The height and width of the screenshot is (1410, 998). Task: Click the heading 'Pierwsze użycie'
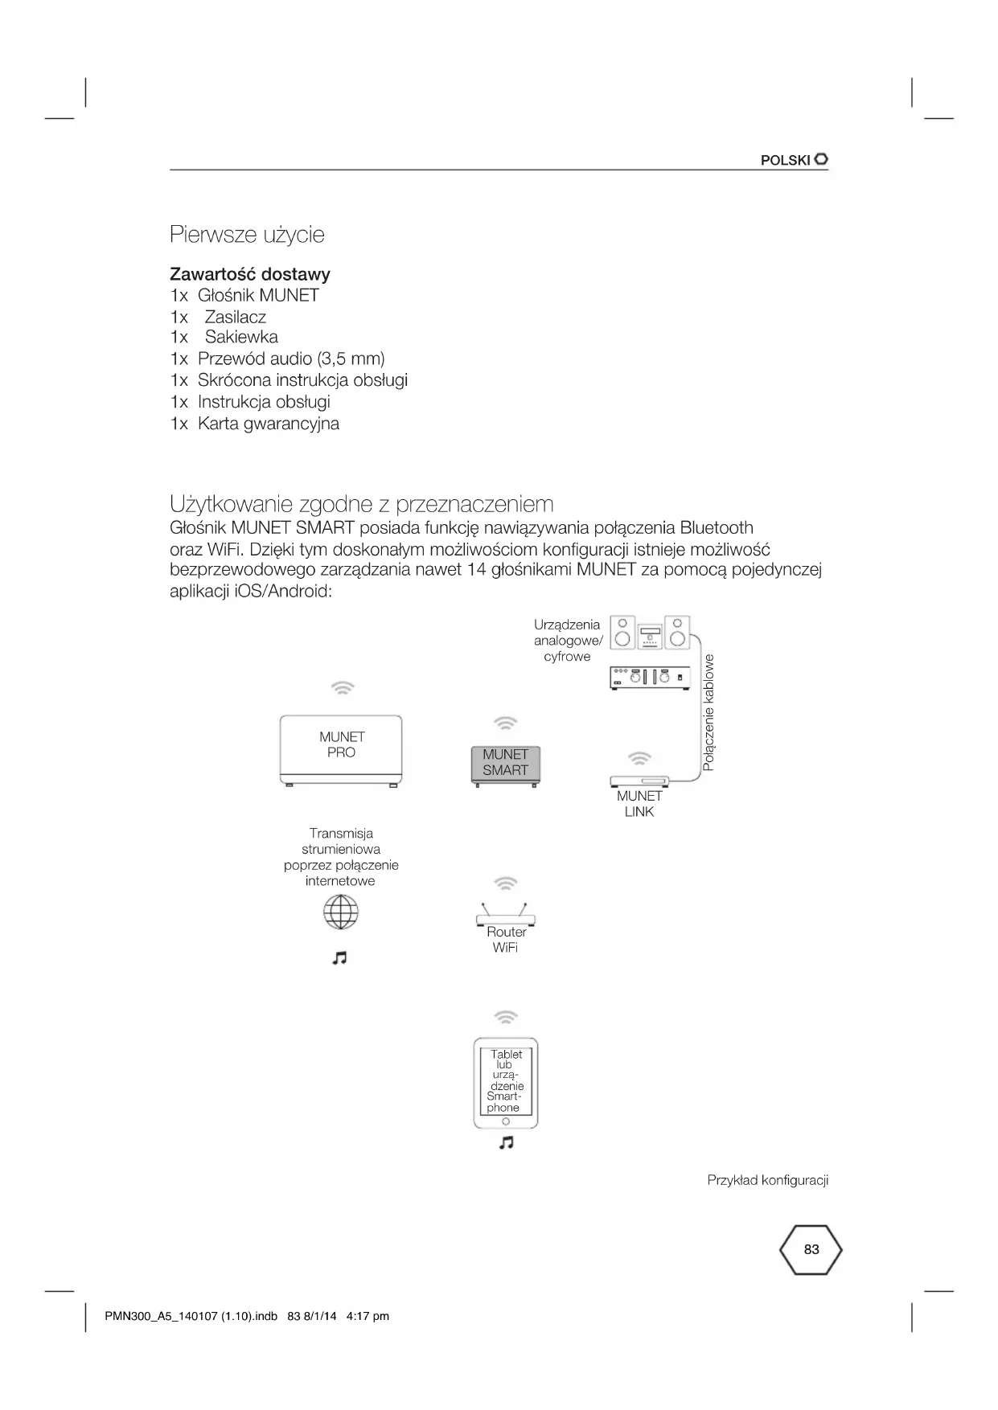point(247,235)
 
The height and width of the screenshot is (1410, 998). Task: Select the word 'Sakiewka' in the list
point(241,337)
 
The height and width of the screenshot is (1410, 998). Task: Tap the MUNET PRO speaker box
point(341,749)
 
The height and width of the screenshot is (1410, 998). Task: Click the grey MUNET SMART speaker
point(505,764)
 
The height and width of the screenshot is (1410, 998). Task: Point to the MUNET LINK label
point(639,804)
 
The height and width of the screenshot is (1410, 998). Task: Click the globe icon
point(341,912)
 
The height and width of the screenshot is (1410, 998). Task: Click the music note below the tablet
point(506,1142)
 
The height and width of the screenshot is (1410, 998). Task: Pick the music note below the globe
point(340,957)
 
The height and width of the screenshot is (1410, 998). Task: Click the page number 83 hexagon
point(811,1250)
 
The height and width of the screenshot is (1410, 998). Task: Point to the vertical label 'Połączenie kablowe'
point(708,712)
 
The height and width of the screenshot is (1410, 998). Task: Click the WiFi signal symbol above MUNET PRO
point(343,688)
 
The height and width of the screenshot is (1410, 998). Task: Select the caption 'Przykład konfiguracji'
point(767,1180)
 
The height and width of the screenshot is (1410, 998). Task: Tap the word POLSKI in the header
point(785,160)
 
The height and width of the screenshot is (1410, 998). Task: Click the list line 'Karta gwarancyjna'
point(269,424)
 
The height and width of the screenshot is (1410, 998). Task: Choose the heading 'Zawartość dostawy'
point(250,274)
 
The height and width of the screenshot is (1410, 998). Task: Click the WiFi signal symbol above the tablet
point(505,1017)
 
